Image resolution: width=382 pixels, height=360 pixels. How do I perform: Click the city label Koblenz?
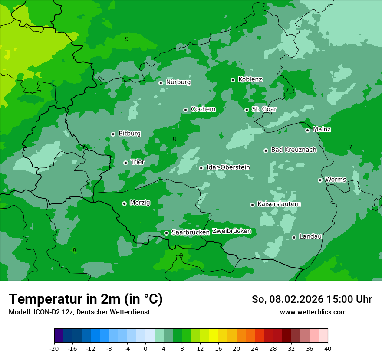point(250,79)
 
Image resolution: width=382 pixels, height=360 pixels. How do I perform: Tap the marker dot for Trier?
point(125,163)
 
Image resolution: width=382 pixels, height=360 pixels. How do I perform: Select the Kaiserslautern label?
point(279,204)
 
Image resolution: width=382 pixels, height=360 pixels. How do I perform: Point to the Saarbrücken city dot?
point(166,233)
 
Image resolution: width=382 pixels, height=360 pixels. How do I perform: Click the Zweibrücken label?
point(231,231)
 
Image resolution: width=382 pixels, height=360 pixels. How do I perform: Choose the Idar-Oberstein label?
point(228,167)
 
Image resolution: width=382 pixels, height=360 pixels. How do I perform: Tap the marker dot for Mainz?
point(307,130)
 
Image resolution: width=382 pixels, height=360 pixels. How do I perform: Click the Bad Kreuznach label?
point(293,150)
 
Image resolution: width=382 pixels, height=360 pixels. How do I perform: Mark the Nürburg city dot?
point(161,83)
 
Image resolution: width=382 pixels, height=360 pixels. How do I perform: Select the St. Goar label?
point(264,109)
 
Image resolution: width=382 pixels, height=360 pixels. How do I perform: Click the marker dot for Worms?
point(320,180)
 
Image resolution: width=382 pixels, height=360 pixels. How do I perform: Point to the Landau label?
point(310,236)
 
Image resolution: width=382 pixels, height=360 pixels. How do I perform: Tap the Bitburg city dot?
point(113,134)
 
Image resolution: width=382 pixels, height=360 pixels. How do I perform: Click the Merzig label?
point(140,203)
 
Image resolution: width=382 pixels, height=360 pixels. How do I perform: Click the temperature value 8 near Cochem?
point(174,140)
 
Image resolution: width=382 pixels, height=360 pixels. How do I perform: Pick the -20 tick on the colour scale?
point(54,348)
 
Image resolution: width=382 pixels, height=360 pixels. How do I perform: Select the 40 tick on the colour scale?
point(328,348)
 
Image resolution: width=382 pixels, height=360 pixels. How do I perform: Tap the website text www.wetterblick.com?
point(313,312)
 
